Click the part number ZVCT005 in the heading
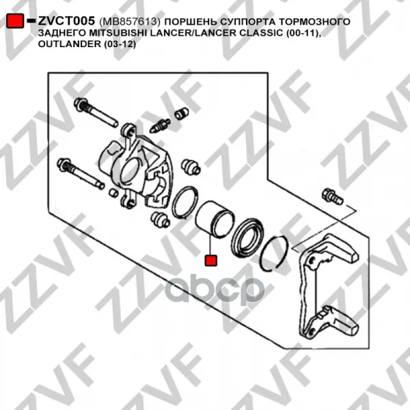[66, 21]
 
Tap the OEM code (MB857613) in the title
[129, 21]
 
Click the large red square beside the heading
[14, 20]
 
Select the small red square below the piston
[210, 260]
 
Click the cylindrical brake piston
[215, 219]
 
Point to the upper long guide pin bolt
[96, 112]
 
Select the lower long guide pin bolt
[81, 174]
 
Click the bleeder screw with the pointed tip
[159, 126]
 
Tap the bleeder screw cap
[182, 113]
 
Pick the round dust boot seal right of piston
[247, 237]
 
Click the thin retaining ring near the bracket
[275, 253]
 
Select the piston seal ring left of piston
[184, 202]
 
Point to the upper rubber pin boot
[191, 166]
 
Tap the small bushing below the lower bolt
[113, 193]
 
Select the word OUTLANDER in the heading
[69, 44]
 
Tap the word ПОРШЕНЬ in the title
[190, 21]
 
